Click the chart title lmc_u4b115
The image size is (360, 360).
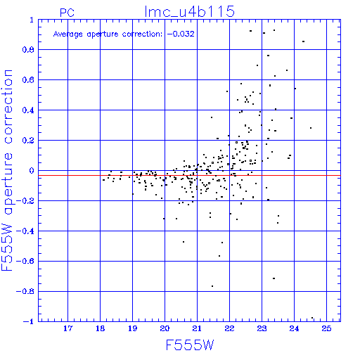pyautogui.click(x=189, y=12)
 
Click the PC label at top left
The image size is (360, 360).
pyautogui.click(x=67, y=13)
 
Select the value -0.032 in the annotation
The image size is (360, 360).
pyautogui.click(x=181, y=34)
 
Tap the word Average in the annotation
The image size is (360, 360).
pyautogui.click(x=68, y=34)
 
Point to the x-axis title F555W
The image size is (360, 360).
pyautogui.click(x=190, y=345)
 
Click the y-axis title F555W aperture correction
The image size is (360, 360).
pyautogui.click(x=7, y=170)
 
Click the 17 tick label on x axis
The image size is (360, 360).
pyautogui.click(x=68, y=328)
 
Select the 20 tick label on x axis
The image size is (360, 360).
pyautogui.click(x=165, y=328)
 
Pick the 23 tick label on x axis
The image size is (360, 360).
pyautogui.click(x=262, y=328)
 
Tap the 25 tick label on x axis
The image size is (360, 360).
pyautogui.click(x=326, y=328)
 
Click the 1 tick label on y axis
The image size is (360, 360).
pyautogui.click(x=32, y=20)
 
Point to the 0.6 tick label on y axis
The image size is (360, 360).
pyautogui.click(x=28, y=80)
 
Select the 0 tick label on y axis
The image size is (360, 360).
pyautogui.click(x=32, y=171)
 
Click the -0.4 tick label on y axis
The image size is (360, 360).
pyautogui.click(x=25, y=231)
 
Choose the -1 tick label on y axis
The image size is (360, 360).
pyautogui.click(x=29, y=321)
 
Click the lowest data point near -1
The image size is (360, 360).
pyautogui.click(x=312, y=318)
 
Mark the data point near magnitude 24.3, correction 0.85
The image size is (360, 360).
pyautogui.click(x=303, y=41)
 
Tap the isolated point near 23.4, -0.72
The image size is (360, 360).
pyautogui.click(x=274, y=278)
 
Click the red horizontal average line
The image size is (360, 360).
pyautogui.click(x=189, y=175)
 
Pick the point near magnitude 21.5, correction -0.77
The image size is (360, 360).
pyautogui.click(x=212, y=286)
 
